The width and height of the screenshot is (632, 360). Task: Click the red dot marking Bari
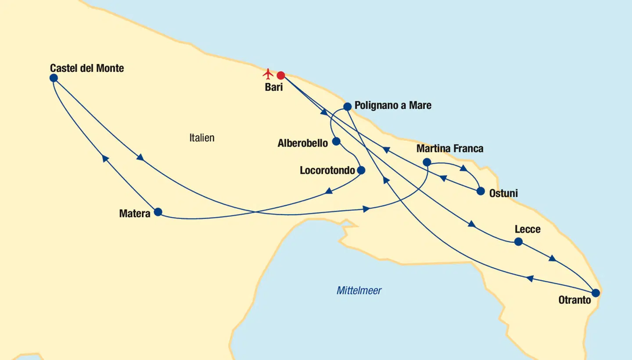pos(281,75)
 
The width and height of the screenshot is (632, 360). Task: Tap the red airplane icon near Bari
pos(268,73)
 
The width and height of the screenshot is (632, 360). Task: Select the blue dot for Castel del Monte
pos(54,78)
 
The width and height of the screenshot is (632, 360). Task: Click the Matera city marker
pos(158,212)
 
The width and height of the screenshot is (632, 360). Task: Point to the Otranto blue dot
pos(596,293)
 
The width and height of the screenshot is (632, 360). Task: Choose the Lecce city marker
pos(518,241)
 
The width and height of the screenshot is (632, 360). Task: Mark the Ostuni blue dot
pos(481,191)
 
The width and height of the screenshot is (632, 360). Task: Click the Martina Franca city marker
pos(427,162)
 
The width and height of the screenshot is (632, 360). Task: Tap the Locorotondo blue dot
pos(361,170)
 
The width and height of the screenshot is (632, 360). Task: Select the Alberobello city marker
pos(336,141)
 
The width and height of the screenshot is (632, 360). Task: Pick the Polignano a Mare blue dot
pos(347,106)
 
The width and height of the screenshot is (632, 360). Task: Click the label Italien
pos(202,138)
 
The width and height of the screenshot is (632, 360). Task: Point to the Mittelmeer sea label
pos(359,291)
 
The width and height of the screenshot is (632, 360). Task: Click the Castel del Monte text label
pos(87,68)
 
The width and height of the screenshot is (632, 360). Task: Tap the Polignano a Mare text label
pos(393,105)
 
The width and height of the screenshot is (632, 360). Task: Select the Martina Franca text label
pos(450,149)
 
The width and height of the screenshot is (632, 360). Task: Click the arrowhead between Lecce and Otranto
pos(553,259)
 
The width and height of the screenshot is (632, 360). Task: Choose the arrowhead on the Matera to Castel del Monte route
pos(105,158)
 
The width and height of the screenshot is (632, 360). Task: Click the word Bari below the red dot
pos(274,87)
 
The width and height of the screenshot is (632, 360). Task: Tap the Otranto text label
pos(575,301)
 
